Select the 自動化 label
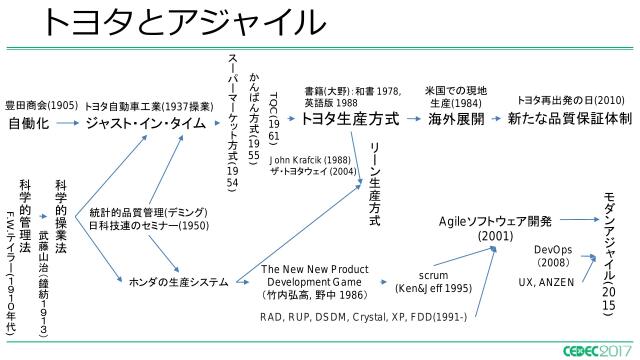pos(29,124)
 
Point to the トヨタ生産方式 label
pos(349,119)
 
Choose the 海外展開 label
pos(455,119)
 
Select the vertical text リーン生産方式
pos(375,181)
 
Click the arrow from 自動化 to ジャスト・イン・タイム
pos(68,124)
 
